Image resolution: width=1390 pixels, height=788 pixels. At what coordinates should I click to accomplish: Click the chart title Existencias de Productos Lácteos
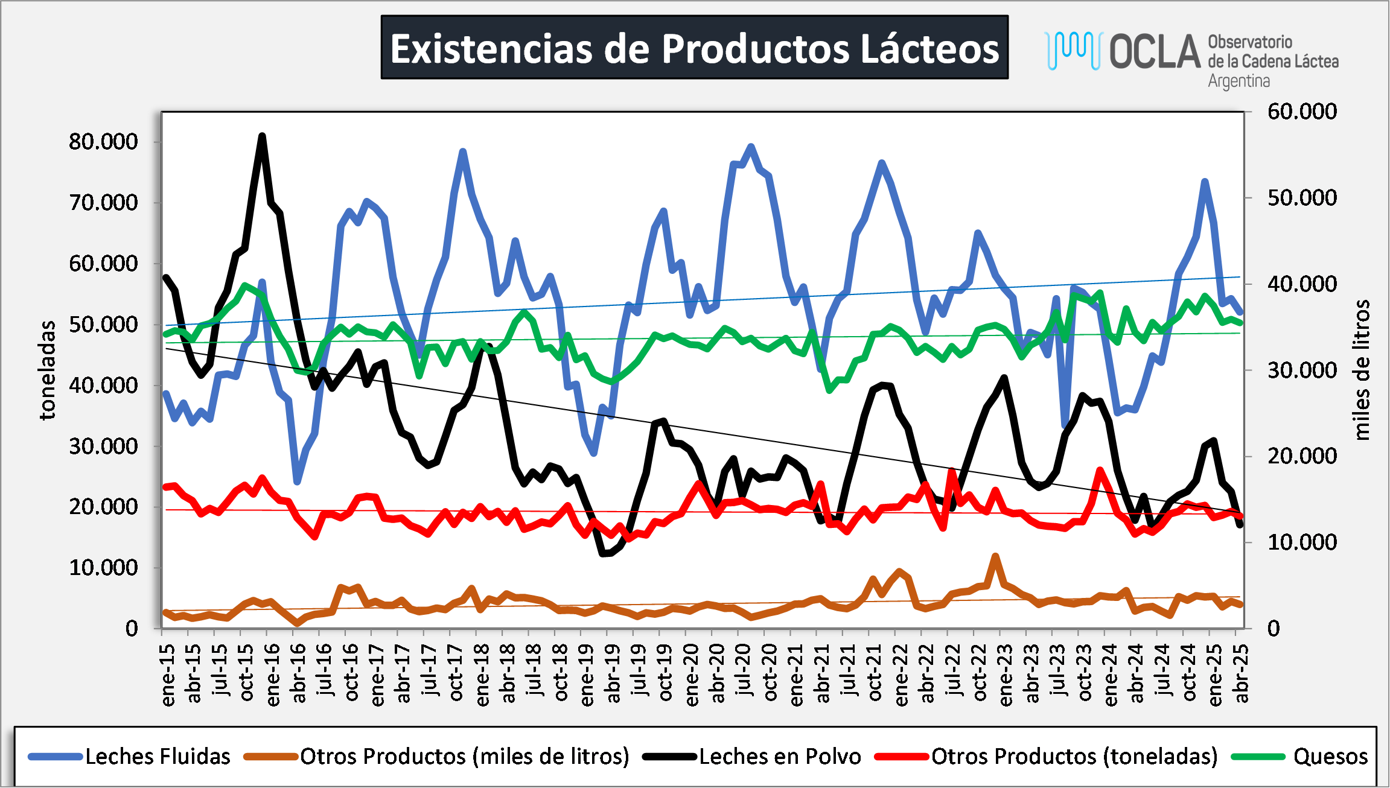click(x=694, y=48)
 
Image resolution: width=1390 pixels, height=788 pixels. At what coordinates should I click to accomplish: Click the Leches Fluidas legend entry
click(x=158, y=756)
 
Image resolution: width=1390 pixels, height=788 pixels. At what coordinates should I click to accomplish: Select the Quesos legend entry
click(x=1330, y=756)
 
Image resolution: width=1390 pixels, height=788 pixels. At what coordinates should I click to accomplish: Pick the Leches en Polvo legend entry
click(x=780, y=756)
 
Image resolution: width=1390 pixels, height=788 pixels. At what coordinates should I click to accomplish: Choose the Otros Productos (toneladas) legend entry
click(x=1074, y=756)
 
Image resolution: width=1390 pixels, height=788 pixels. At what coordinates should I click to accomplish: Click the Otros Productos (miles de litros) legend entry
click(x=464, y=756)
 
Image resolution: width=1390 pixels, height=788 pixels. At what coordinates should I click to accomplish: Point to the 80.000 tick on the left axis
click(x=103, y=142)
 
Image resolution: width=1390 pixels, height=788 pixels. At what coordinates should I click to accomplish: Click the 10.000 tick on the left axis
click(x=103, y=568)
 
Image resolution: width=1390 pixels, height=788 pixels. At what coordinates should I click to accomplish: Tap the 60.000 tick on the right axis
click(x=1302, y=112)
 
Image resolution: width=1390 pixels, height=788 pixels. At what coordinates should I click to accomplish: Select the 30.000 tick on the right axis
click(x=1302, y=370)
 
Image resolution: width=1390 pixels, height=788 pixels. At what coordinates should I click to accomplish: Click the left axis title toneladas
click(x=47, y=370)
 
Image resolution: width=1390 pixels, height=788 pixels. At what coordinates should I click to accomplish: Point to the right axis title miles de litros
click(x=1362, y=370)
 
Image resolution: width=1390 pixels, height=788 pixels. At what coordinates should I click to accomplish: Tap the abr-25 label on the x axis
click(x=1242, y=675)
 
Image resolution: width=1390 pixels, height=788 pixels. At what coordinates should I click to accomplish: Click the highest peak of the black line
click(x=262, y=136)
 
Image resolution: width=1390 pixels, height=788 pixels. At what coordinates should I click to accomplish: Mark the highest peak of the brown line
click(x=995, y=556)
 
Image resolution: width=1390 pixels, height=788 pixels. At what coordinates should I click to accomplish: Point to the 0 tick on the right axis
click(x=1274, y=629)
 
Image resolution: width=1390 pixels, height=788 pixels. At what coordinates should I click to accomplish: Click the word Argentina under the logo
click(x=1239, y=81)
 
